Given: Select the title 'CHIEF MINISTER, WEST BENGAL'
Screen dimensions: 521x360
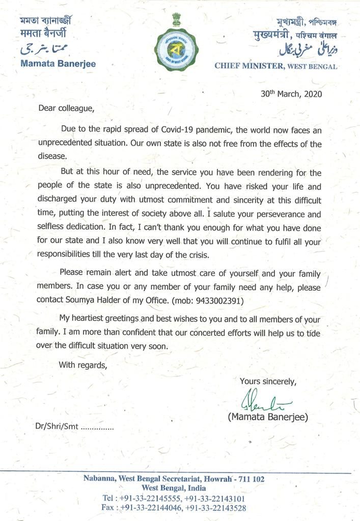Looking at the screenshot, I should [x=275, y=66].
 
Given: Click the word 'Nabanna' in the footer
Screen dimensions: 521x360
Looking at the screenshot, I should [x=100, y=479].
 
